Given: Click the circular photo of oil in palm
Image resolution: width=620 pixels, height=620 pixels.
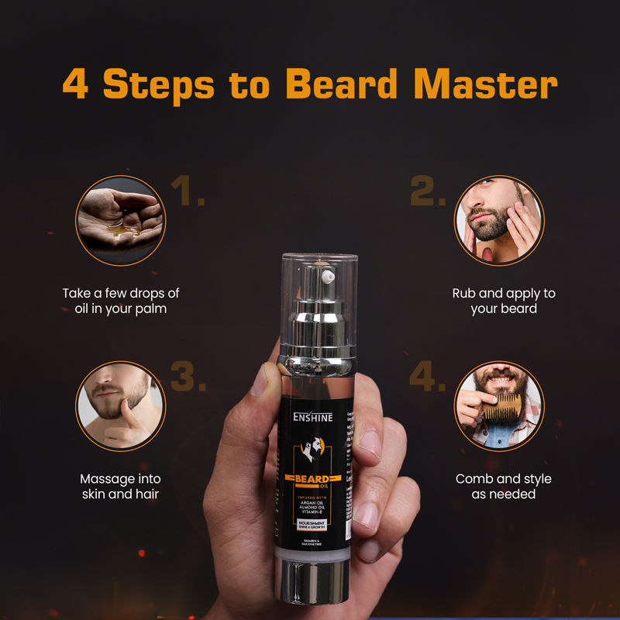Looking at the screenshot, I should point(120,220).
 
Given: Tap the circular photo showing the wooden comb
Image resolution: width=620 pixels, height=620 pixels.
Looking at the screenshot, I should point(499,405).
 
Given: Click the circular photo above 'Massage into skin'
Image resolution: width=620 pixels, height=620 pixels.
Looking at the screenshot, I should point(120,405).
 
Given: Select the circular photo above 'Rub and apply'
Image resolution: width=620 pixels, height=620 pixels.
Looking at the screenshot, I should point(499,220).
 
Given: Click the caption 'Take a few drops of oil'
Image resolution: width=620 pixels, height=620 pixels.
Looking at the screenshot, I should point(120,301).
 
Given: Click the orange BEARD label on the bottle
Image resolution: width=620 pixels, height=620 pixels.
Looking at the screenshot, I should point(312,479).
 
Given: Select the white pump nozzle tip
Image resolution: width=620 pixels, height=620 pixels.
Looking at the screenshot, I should point(328,274).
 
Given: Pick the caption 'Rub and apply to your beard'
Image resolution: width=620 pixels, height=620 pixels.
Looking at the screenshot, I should point(503,301).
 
